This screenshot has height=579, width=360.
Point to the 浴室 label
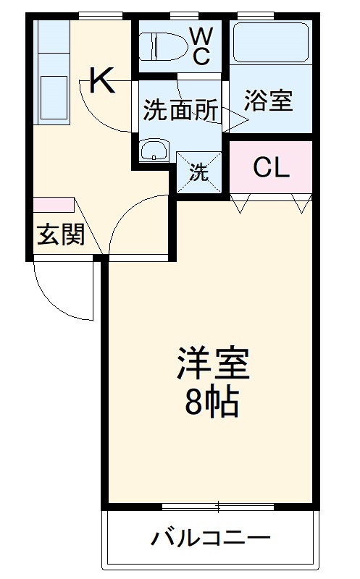point(268,101)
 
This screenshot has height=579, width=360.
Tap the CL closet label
point(271,168)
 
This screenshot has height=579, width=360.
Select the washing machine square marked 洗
point(198,172)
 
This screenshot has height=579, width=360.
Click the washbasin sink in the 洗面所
point(154,151)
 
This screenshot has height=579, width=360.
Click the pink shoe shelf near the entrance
point(53,205)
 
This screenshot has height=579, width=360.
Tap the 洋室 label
point(213,366)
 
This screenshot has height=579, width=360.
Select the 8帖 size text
point(212,402)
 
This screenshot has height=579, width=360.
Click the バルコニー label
point(211,538)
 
